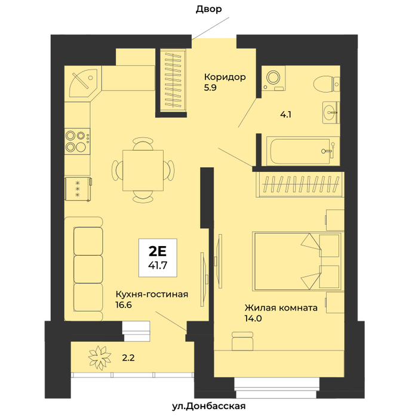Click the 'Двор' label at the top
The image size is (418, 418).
209,10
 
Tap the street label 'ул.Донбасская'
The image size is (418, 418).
209,406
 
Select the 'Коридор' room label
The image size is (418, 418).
225,77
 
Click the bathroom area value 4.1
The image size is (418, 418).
285,115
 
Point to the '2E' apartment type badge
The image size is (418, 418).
157,251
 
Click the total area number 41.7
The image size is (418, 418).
158,265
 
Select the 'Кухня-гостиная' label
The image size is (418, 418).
152,294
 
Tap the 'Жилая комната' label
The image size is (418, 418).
281,308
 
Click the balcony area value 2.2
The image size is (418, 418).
128,358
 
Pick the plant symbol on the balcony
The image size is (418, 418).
100,358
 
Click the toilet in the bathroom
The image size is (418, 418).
326,85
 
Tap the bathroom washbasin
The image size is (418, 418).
331,112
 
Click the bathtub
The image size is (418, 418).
303,151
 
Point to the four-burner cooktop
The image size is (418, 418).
77,142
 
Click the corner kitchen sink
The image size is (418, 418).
83,83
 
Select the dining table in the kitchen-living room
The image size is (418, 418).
143,171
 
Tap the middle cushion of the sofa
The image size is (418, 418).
88,269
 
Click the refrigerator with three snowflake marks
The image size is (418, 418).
78,189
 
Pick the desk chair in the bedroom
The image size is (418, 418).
242,341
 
